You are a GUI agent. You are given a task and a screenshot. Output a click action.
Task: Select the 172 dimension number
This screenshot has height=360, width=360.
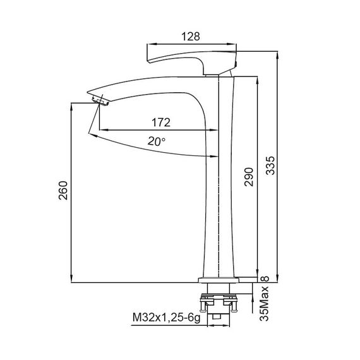[x=159, y=121]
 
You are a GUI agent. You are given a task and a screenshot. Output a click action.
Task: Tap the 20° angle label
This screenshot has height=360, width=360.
[x=157, y=142]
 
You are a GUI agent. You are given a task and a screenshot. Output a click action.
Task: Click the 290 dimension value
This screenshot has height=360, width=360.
[x=248, y=179]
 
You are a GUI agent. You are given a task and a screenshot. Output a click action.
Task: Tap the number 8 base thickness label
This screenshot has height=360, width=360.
[x=265, y=278]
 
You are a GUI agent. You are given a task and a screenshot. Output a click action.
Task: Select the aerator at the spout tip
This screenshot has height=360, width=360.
[x=100, y=100]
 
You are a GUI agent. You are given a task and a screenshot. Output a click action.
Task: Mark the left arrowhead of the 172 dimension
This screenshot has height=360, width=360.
[x=103, y=130]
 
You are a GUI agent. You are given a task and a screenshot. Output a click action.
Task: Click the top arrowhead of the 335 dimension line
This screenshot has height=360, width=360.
[x=279, y=54]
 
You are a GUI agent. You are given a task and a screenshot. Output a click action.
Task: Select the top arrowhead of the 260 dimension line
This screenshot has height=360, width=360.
[x=70, y=105]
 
